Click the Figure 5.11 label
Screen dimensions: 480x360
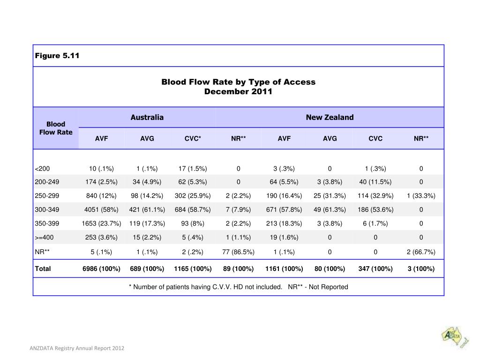click(57, 56)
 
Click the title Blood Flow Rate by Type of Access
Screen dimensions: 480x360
click(239, 82)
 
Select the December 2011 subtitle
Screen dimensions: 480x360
click(238, 91)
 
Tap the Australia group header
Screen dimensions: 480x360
click(147, 117)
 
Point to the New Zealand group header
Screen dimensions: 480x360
click(330, 117)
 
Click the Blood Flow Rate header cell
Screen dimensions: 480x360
click(56, 128)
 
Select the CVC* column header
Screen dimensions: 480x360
click(193, 139)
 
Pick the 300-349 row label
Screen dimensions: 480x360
click(47, 210)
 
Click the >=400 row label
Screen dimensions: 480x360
click(44, 238)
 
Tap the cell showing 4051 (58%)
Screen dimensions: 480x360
click(101, 210)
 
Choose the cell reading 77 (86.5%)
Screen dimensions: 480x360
click(238, 252)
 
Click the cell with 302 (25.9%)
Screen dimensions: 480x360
click(193, 195)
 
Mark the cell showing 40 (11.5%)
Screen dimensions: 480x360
click(375, 182)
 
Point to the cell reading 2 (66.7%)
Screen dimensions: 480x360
click(421, 252)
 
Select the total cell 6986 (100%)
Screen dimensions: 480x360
click(101, 269)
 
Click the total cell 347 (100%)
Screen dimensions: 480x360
click(375, 269)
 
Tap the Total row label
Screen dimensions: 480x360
click(43, 269)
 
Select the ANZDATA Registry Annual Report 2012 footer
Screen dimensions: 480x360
click(77, 348)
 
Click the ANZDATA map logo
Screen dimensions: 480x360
click(455, 337)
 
